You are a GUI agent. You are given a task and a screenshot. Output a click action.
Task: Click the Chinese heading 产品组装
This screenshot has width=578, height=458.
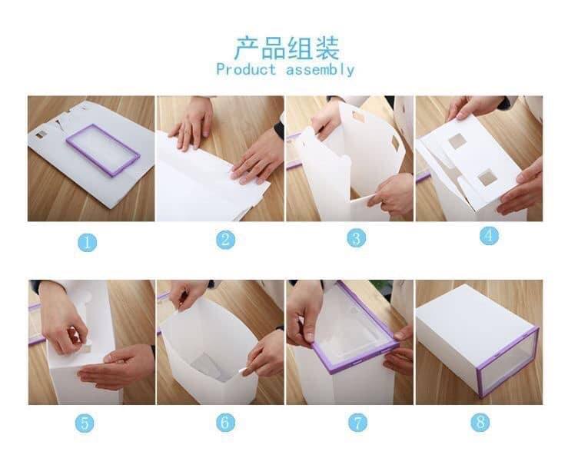coord(286,48)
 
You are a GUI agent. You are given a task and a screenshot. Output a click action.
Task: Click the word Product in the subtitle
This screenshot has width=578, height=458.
coord(246,70)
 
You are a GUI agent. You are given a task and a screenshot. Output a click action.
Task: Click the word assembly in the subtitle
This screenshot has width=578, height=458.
coord(321,70)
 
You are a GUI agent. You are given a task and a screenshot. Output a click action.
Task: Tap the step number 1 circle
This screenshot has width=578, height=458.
coord(88,242)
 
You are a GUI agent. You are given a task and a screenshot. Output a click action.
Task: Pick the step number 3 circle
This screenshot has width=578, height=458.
coord(355,238)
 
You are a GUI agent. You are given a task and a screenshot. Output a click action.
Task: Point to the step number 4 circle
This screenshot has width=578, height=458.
coord(490,235)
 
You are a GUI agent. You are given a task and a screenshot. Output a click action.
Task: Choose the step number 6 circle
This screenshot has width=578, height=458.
coord(224,422)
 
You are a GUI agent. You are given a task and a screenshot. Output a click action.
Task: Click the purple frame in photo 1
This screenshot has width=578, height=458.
coord(102,157)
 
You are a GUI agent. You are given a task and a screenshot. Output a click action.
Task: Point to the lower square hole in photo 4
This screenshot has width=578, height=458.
coord(487,179)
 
